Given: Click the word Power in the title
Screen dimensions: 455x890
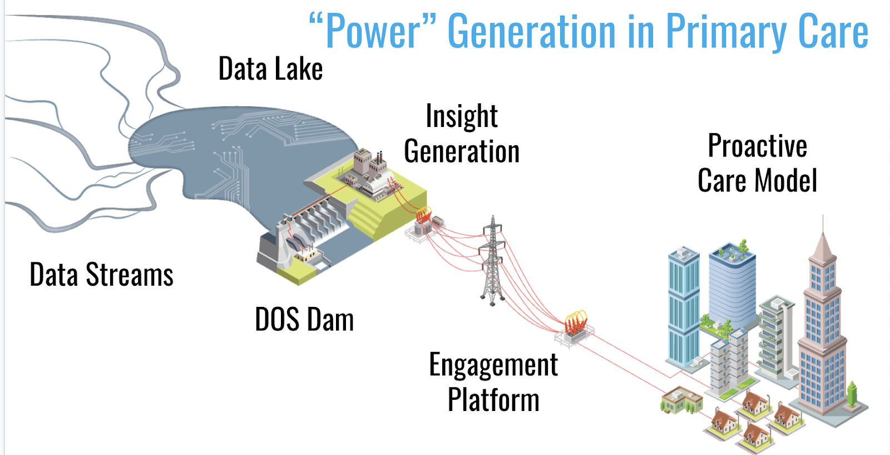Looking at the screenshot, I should (x=373, y=32).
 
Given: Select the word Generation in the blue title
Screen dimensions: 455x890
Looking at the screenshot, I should (x=531, y=32).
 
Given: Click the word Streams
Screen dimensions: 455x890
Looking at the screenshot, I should (x=130, y=275).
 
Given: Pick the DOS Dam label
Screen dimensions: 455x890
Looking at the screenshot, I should (x=304, y=320).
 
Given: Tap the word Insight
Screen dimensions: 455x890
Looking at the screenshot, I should (x=462, y=116).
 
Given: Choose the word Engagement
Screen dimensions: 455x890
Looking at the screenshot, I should (x=493, y=365).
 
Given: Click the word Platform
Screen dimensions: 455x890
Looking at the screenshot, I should (x=493, y=400).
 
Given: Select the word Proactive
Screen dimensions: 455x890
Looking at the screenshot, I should (x=757, y=146).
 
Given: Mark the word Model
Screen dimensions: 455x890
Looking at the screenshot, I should (x=786, y=181).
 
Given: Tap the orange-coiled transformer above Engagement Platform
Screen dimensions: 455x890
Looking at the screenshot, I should (x=575, y=326).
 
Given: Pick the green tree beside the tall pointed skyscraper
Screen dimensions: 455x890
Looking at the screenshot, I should (x=852, y=393).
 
